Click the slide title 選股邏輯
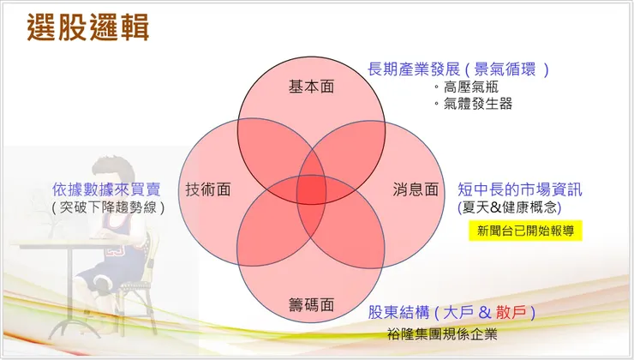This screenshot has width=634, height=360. tap(88, 27)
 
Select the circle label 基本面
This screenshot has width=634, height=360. tap(311, 87)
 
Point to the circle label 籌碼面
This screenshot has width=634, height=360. tap(311, 304)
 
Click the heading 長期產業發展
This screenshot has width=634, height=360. tap(414, 69)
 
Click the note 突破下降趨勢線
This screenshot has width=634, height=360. tap(108, 207)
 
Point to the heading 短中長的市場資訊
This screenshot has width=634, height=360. tap(520, 189)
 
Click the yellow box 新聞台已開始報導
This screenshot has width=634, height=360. tap(529, 231)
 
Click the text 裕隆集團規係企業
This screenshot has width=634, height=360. tap(441, 333)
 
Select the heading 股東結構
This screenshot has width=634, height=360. tap(398, 313)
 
